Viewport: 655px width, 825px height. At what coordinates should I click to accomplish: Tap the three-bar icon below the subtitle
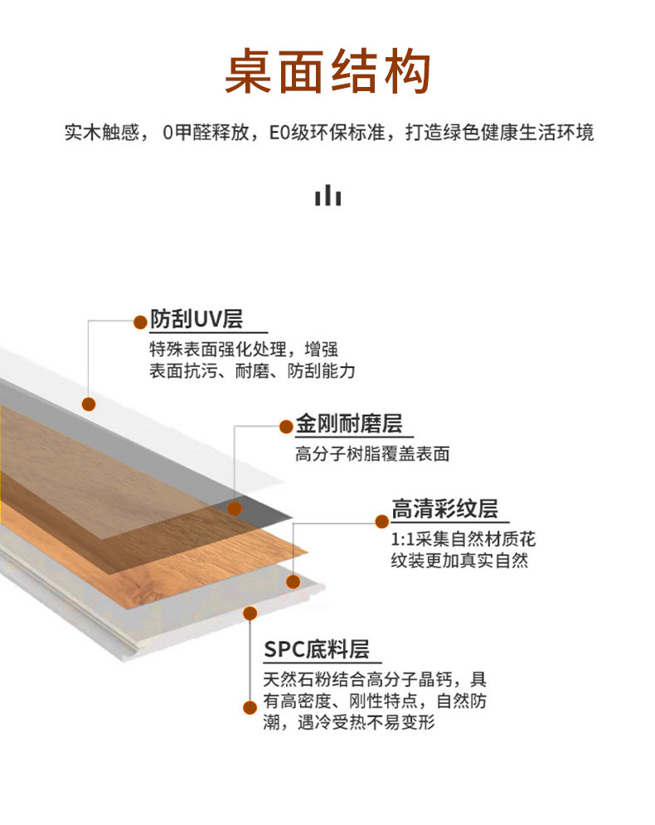pos(327,195)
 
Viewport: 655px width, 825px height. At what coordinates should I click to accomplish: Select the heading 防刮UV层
pos(196,319)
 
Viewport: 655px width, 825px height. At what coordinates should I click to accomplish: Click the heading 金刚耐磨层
pos(349,425)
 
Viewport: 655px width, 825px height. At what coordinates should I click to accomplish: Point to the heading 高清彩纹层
pos(450,508)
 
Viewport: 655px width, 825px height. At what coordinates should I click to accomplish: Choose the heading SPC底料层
pos(316,649)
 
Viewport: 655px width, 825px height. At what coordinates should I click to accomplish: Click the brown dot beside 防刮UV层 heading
pos(138,320)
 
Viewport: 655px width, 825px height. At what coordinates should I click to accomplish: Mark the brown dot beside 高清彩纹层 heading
pos(381,521)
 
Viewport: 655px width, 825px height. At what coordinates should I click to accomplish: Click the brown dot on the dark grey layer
pos(235,508)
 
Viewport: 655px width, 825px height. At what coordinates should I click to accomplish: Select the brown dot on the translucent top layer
pos(89,403)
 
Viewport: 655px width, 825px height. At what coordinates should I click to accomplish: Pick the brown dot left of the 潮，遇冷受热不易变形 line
pos(247,707)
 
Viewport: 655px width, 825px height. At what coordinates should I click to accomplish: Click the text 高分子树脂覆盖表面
pos(372,454)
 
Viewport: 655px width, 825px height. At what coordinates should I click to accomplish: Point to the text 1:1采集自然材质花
pos(463,540)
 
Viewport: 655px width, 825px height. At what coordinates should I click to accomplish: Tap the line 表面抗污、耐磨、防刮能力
pos(252,371)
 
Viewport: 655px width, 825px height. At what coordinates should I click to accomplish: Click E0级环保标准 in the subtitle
pos(327,133)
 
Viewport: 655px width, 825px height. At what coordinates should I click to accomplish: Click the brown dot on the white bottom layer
pos(249,613)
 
